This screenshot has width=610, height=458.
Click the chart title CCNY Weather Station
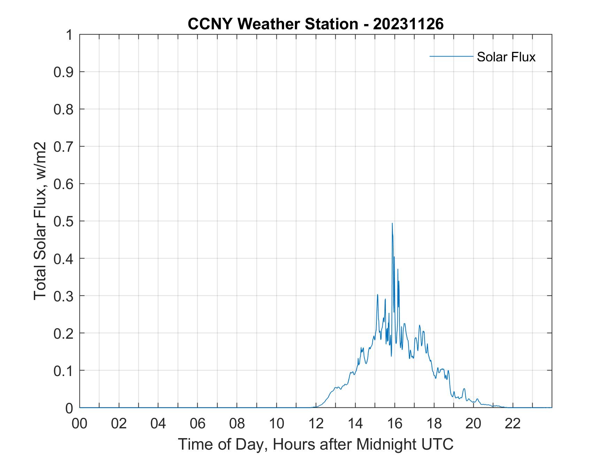[273, 24]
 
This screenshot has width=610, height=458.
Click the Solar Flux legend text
[506, 57]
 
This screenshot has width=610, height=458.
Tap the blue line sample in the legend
[451, 56]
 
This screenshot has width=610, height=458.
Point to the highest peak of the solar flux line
[392, 223]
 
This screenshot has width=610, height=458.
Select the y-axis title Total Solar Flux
[40, 221]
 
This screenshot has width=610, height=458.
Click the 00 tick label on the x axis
[79, 424]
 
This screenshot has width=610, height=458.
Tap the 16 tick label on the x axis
[395, 424]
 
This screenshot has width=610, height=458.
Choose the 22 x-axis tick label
[513, 424]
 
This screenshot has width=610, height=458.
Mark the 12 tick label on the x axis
[316, 424]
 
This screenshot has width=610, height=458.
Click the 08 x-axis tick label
[237, 424]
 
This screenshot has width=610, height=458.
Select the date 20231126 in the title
[408, 24]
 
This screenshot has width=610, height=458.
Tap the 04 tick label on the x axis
[158, 424]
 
